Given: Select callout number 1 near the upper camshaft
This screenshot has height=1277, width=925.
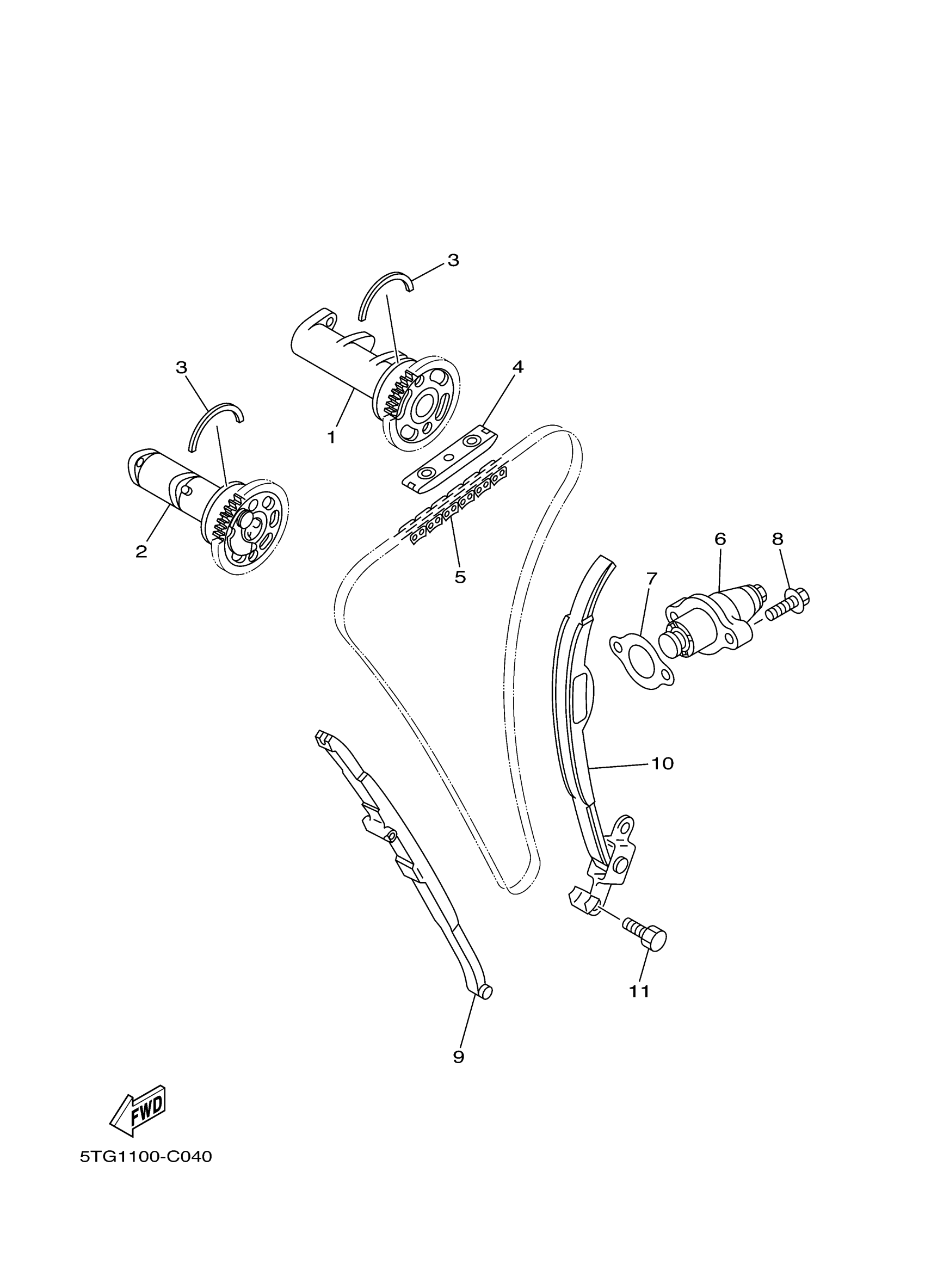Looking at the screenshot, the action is point(331,437).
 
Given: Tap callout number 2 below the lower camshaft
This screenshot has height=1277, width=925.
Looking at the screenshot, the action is point(141,551).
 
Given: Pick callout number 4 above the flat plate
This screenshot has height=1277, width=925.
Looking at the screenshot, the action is point(517,367).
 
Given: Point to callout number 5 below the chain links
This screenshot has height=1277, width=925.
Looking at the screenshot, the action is point(460,577).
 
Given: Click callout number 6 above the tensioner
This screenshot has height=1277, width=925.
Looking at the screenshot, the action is point(720,539).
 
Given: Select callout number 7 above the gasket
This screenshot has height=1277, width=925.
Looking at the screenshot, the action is point(651,578).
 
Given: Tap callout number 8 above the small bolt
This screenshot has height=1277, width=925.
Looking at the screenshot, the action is point(778,539).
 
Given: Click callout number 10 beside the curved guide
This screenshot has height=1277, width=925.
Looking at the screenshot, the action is point(662,763).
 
